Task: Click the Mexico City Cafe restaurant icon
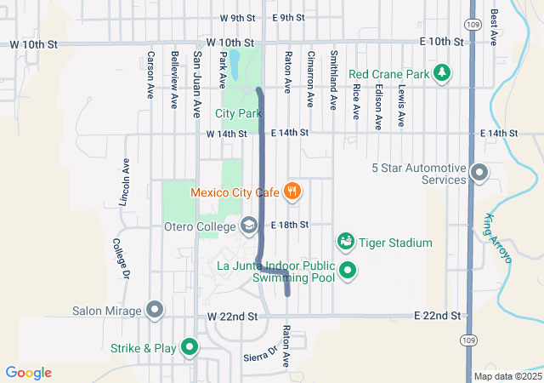[292, 191]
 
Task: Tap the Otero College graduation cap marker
[249, 226]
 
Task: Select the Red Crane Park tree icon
[441, 74]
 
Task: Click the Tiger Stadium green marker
[346, 243]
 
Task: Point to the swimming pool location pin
[348, 272]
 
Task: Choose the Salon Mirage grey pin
[154, 311]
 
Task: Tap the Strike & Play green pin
[189, 347]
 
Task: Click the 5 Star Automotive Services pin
[479, 174]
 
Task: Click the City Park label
[238, 113]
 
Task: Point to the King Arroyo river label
[499, 237]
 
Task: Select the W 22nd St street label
[231, 317]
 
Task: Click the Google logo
[29, 373]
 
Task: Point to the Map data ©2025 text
[507, 376]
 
